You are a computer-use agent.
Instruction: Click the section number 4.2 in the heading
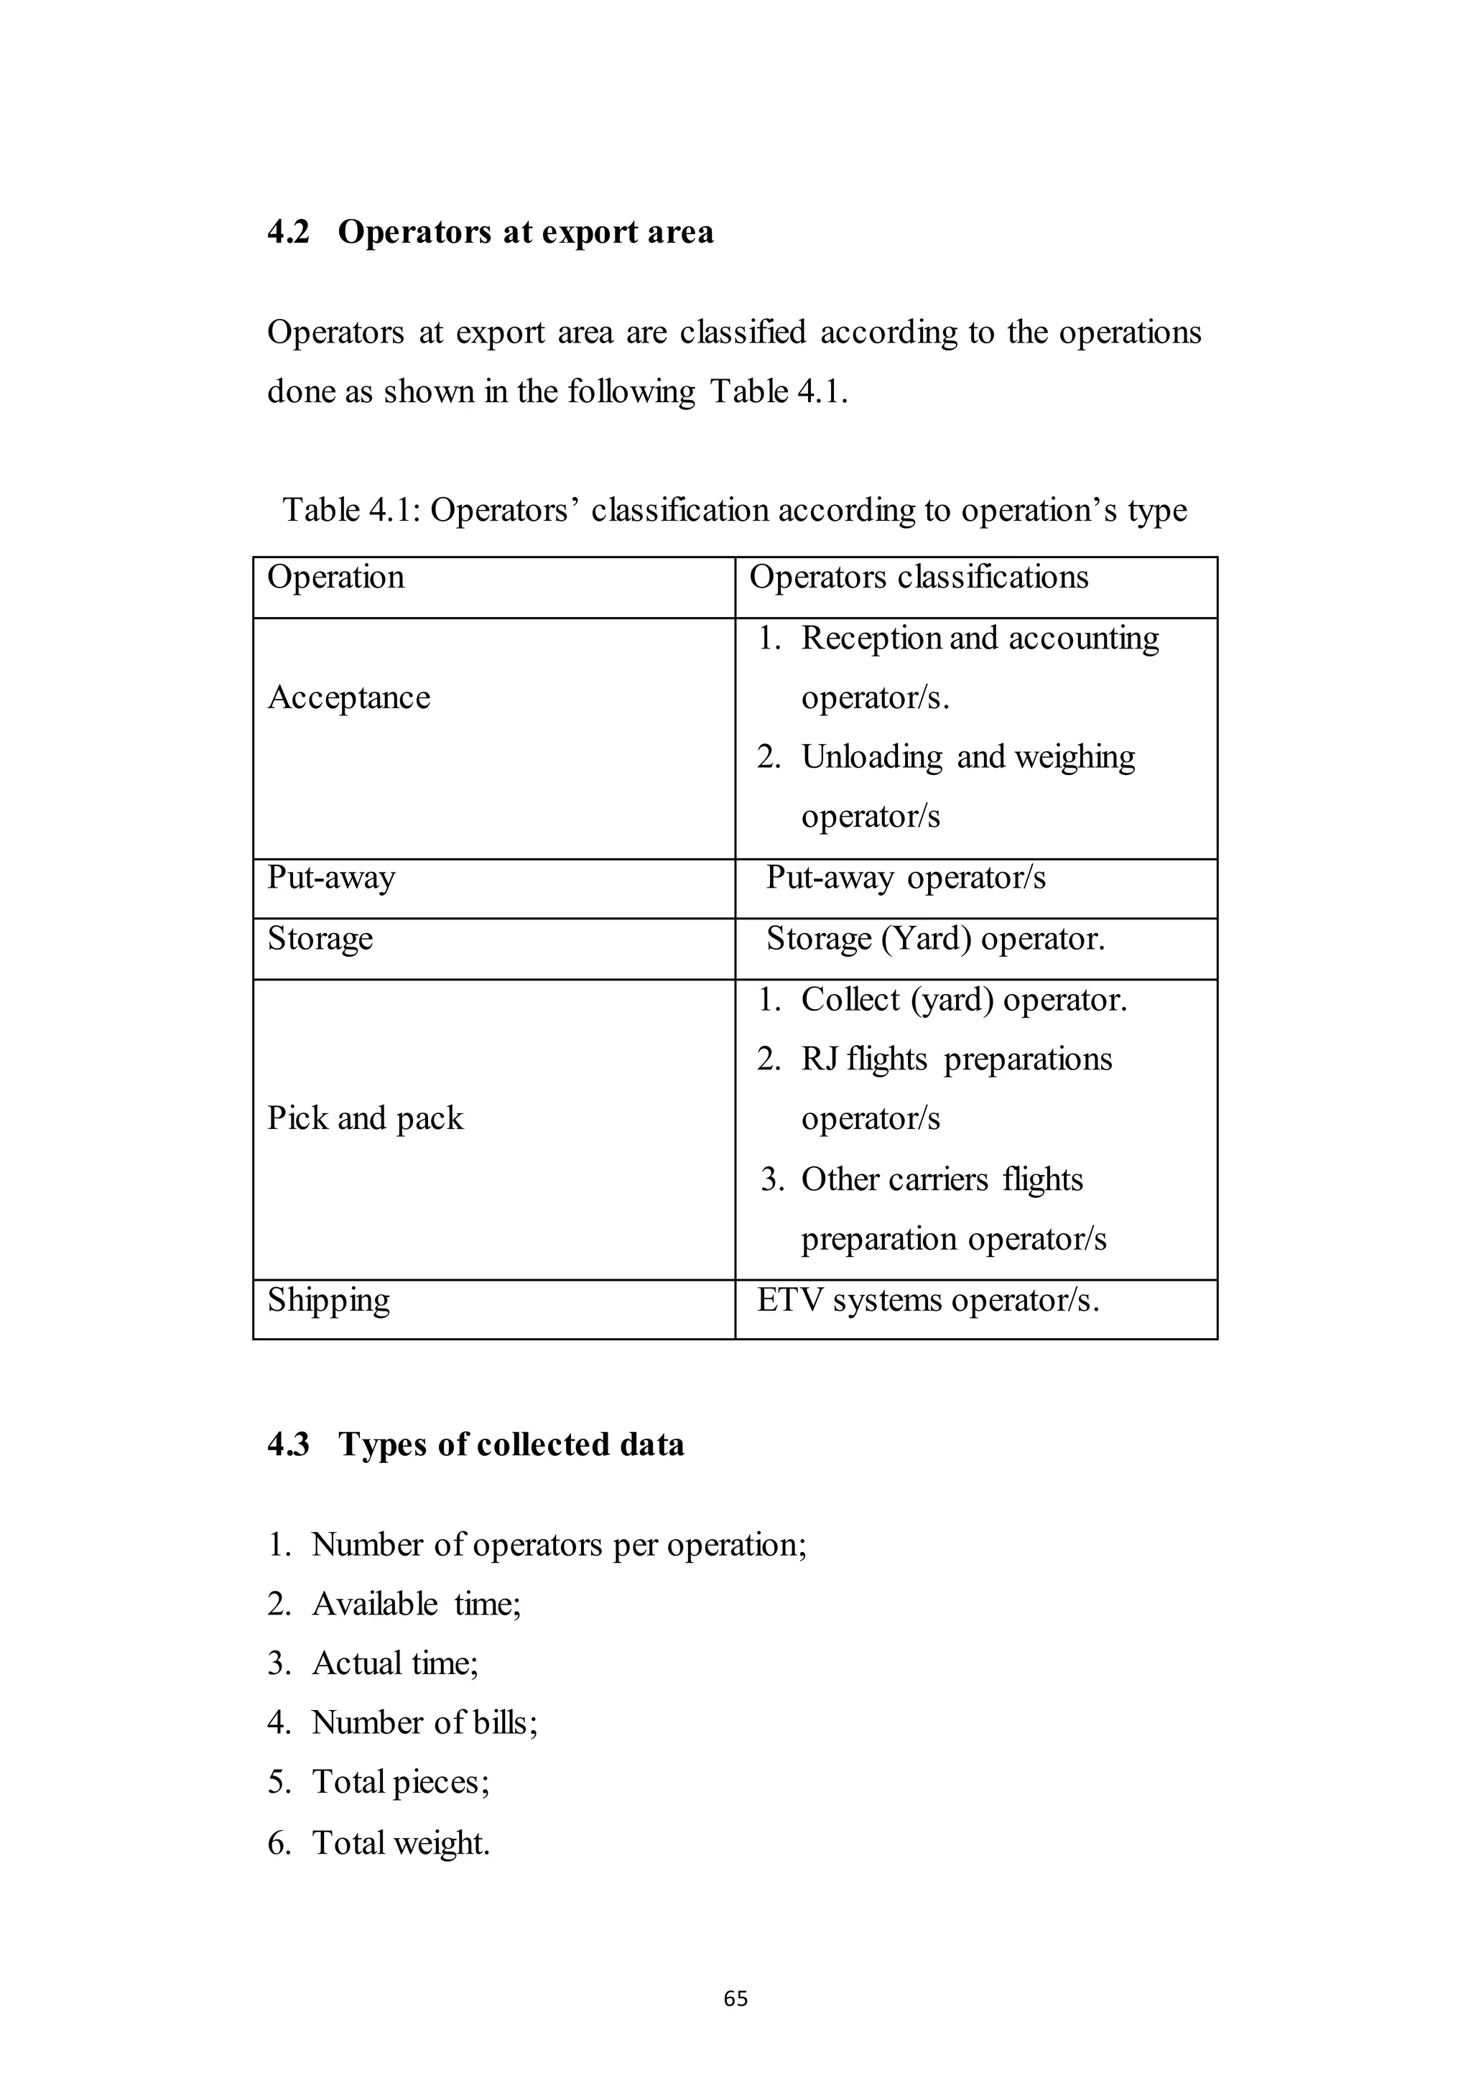[x=288, y=233]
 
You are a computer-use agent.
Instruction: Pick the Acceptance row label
[x=349, y=697]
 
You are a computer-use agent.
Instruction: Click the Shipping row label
[x=329, y=1300]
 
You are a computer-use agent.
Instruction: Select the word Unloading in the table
[x=871, y=757]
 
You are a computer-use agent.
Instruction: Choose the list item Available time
[x=416, y=1605]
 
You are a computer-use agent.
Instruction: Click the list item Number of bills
[x=424, y=1722]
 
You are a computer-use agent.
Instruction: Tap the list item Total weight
[x=400, y=1843]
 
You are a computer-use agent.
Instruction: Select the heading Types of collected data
[x=511, y=1445]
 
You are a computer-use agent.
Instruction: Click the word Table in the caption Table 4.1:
[x=322, y=511]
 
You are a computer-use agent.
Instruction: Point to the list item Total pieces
[x=400, y=1782]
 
